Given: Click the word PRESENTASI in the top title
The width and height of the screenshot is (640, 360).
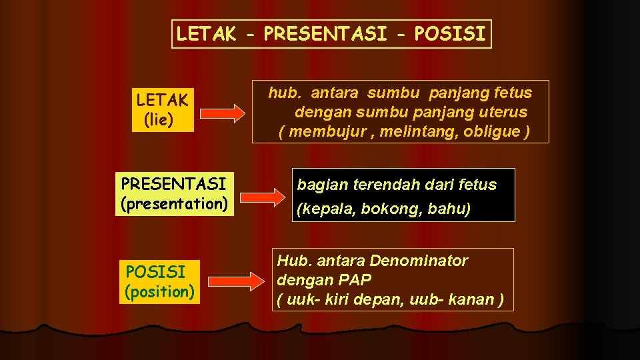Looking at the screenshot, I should click(x=325, y=34).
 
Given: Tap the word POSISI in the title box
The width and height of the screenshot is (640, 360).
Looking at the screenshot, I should click(x=450, y=34).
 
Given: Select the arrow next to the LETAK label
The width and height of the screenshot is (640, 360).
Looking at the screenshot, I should click(x=223, y=113).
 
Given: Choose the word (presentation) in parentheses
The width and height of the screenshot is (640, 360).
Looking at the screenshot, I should click(x=173, y=203).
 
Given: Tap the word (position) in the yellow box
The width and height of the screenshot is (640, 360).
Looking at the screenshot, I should click(x=159, y=291).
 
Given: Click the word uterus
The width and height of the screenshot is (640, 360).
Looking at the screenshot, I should click(x=501, y=112).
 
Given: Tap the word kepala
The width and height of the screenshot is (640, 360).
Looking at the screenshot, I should click(x=329, y=209).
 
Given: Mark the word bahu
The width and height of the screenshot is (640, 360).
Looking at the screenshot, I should click(x=451, y=209).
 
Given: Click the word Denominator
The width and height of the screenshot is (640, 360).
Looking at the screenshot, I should click(x=419, y=261).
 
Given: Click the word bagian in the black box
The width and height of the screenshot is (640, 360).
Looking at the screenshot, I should click(x=319, y=185).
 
